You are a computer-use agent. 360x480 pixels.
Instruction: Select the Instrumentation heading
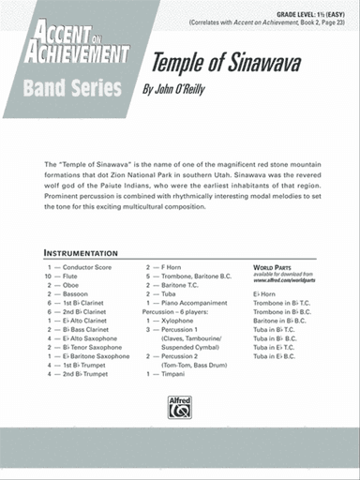pyautogui.click(x=81, y=253)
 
